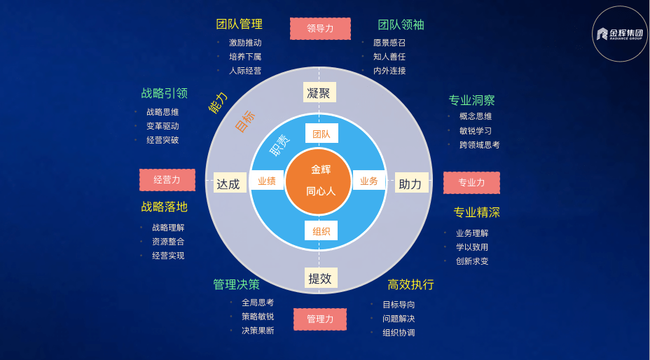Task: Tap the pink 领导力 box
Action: (320, 29)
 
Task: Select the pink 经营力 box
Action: (167, 180)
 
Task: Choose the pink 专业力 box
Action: (471, 183)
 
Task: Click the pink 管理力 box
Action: (319, 319)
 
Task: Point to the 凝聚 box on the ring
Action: (319, 92)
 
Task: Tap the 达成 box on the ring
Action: (230, 183)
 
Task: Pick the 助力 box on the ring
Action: (411, 183)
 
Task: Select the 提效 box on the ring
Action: (320, 278)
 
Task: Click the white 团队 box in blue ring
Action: (321, 134)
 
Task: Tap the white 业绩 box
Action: (267, 180)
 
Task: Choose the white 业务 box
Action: (369, 180)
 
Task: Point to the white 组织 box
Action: (321, 230)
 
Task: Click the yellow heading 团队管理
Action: (239, 24)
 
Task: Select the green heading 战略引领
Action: (164, 93)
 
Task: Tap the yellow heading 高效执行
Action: (410, 284)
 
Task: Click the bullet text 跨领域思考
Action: (480, 145)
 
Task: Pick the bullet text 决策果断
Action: (258, 331)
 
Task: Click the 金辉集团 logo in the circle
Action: (619, 34)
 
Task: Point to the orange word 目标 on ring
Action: (245, 121)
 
